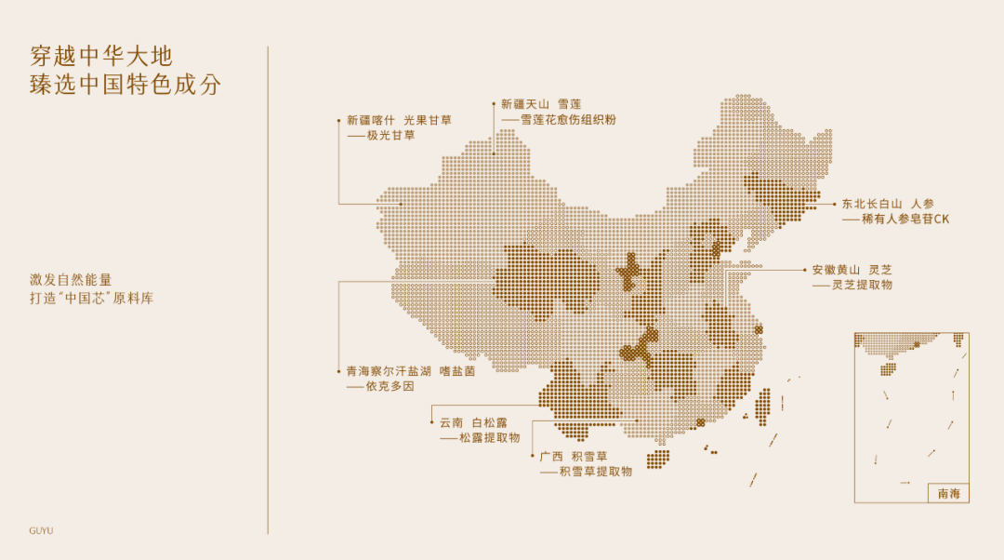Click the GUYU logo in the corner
41,530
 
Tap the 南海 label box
948,493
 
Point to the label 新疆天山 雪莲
541,104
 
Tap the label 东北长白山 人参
888,203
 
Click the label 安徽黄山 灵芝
852,269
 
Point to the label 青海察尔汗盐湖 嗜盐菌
410,370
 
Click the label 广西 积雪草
573,456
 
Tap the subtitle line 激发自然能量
71,279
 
